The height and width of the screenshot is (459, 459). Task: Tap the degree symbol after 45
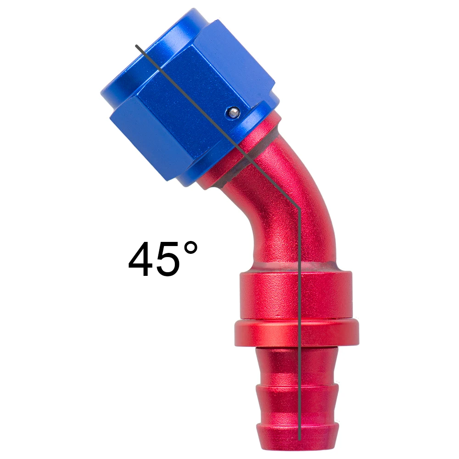point(190,248)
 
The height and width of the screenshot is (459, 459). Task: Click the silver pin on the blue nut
point(233,112)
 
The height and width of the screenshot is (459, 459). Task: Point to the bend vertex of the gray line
point(299,209)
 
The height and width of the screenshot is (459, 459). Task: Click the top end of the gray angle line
point(136,45)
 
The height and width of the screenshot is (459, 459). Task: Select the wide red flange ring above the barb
point(297,333)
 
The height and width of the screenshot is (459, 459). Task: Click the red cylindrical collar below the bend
point(296,295)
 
